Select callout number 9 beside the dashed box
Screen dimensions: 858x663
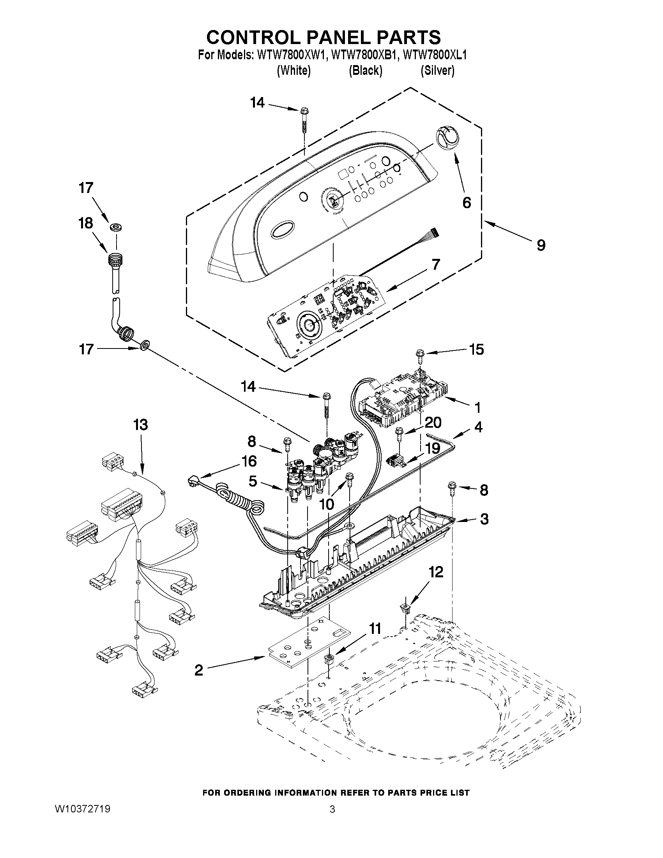[541, 245]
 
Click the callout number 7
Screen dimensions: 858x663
[436, 264]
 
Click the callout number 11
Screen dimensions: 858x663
[375, 628]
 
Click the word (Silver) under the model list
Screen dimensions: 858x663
[437, 70]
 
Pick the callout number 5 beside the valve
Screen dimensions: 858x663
[253, 481]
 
